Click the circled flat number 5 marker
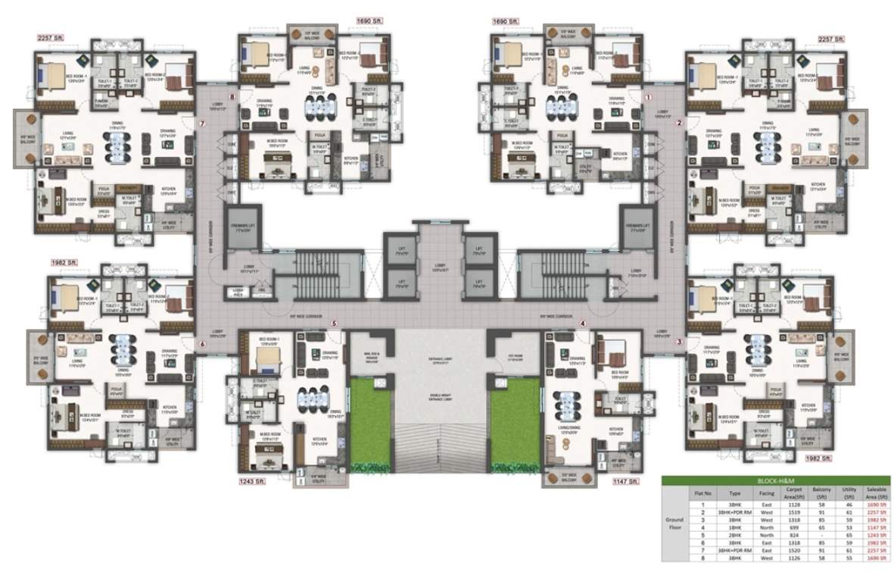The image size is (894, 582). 334,324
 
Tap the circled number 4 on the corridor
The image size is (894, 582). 583,324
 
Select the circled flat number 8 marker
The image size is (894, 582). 233,97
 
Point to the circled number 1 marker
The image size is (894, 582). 648,97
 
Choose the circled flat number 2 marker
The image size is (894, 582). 679,123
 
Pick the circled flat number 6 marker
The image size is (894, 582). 202,345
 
